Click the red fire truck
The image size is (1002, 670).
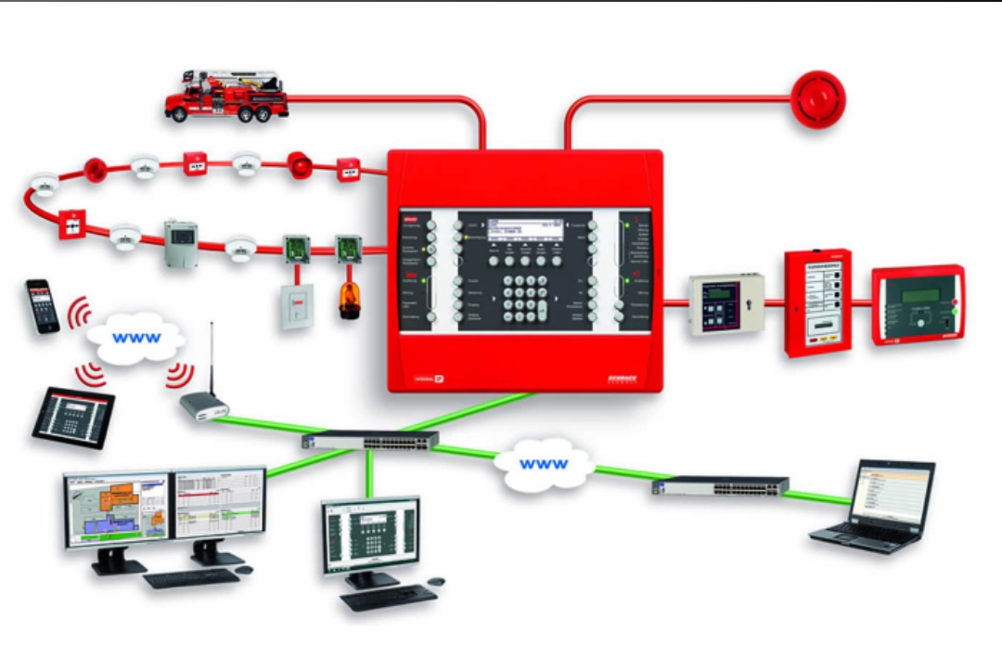[226, 95]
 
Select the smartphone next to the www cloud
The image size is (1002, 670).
[42, 305]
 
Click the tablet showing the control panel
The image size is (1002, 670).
[73, 417]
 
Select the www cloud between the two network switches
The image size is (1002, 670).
[544, 463]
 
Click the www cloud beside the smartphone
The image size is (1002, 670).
[135, 338]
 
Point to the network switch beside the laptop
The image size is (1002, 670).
[720, 485]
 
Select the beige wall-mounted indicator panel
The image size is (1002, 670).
[725, 304]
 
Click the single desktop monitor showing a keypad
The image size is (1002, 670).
[370, 535]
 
